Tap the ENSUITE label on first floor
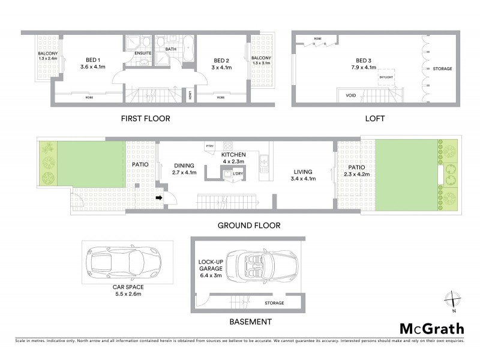[143, 53]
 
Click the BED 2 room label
[222, 60]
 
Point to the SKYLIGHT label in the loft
[385, 77]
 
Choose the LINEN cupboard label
[190, 95]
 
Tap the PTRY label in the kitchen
[210, 146]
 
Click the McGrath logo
[431, 328]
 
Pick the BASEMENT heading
[250, 322]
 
